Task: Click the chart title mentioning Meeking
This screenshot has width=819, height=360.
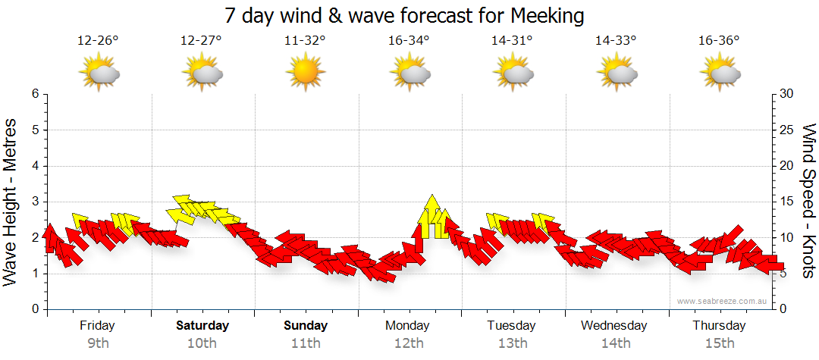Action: (405, 15)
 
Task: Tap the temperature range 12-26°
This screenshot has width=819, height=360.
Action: (99, 40)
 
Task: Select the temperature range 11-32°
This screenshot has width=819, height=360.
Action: (305, 40)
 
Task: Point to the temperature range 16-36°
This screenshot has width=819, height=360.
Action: (719, 40)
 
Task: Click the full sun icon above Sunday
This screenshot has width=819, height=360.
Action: (305, 74)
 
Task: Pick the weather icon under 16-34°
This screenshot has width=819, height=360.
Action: (409, 74)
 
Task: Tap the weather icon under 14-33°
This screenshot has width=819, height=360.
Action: (616, 74)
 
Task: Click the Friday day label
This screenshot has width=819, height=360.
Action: (98, 326)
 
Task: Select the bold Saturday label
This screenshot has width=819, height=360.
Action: (202, 326)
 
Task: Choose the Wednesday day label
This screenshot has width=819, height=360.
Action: (614, 326)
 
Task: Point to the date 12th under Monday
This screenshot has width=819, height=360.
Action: (409, 343)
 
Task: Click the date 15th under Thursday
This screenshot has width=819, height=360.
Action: (719, 343)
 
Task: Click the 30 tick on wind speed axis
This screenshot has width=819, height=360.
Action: (787, 94)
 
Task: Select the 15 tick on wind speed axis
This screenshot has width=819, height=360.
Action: (787, 202)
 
